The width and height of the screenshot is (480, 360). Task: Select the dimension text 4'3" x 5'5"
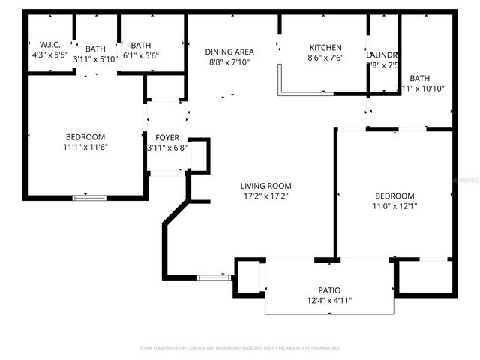[x=50, y=55]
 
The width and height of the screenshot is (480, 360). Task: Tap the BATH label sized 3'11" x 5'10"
[x=96, y=49]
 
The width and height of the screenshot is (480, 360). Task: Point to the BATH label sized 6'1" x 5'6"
[x=141, y=45]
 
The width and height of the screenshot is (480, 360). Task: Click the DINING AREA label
[x=229, y=52]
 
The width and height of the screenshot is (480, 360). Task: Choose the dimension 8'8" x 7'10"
[x=230, y=62]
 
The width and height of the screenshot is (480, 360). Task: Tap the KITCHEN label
[x=325, y=48]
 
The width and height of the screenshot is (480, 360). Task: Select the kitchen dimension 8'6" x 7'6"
[x=325, y=58]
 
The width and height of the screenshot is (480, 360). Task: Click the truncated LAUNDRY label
[x=382, y=55]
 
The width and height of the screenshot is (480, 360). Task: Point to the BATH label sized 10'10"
[x=420, y=78]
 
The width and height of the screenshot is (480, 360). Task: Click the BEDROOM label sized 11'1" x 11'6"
[x=85, y=137]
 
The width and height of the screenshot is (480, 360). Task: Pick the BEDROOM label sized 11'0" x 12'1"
[x=394, y=196]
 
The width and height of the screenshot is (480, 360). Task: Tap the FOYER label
[x=167, y=137]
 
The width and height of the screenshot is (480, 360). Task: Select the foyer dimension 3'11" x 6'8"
[x=167, y=148]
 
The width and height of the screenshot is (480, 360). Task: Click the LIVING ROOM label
[x=265, y=186]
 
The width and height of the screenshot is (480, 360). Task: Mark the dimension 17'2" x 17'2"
[x=265, y=196]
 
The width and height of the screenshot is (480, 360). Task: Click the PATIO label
[x=329, y=290]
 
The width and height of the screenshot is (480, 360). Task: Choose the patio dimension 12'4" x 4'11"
[x=329, y=301]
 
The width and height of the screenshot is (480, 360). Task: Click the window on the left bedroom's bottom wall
[x=89, y=198]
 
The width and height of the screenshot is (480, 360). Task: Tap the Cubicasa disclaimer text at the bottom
[x=240, y=348]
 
